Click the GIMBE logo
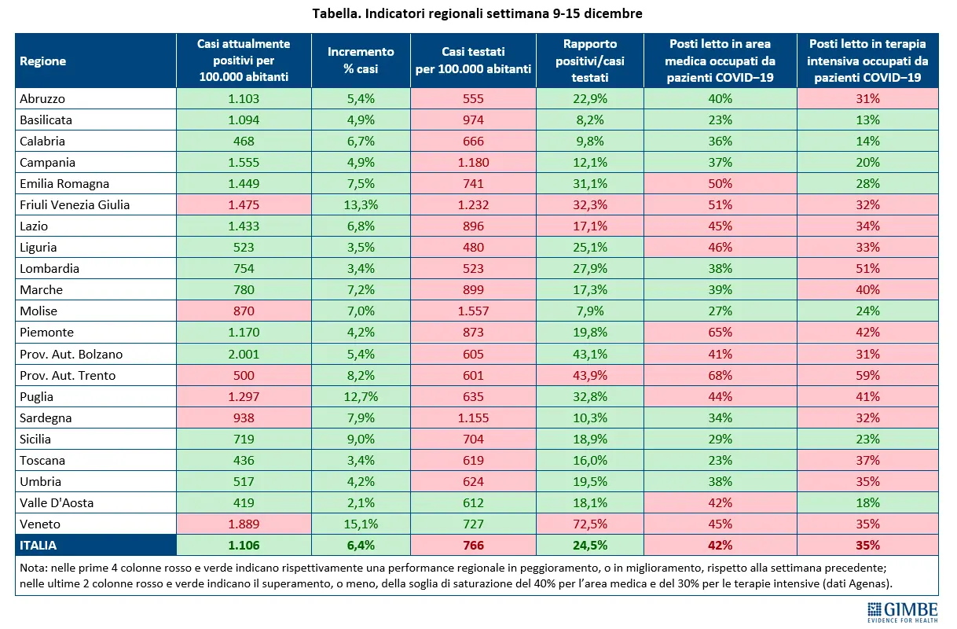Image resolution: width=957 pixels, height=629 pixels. [x=902, y=612]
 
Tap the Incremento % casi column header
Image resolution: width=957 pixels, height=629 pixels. [x=361, y=61]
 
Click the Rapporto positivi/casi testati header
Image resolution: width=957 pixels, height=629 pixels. [x=589, y=61]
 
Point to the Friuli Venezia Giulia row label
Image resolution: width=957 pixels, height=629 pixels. [x=75, y=205]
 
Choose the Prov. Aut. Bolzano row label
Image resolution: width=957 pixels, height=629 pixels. [x=71, y=354]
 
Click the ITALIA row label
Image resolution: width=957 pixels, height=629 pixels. [x=38, y=545]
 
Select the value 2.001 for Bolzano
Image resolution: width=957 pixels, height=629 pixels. [x=244, y=354]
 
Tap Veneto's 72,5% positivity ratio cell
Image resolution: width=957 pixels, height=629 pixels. [x=589, y=524]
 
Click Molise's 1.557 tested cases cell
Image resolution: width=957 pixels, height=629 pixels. [x=473, y=311]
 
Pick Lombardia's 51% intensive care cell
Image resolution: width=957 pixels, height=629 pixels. [x=867, y=269]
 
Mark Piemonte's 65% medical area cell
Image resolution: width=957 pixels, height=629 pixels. [x=720, y=333]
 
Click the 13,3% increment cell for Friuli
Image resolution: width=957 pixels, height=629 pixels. [x=361, y=205]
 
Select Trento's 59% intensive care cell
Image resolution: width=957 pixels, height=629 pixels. [x=867, y=375]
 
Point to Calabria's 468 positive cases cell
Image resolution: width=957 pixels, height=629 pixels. [x=244, y=141]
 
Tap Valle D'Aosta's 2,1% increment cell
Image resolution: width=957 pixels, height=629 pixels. [x=361, y=503]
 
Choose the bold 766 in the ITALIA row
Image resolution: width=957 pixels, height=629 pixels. [x=473, y=545]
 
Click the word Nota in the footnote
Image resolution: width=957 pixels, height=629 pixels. [x=34, y=568]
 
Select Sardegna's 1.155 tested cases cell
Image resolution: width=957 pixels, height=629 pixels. [x=473, y=417]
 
